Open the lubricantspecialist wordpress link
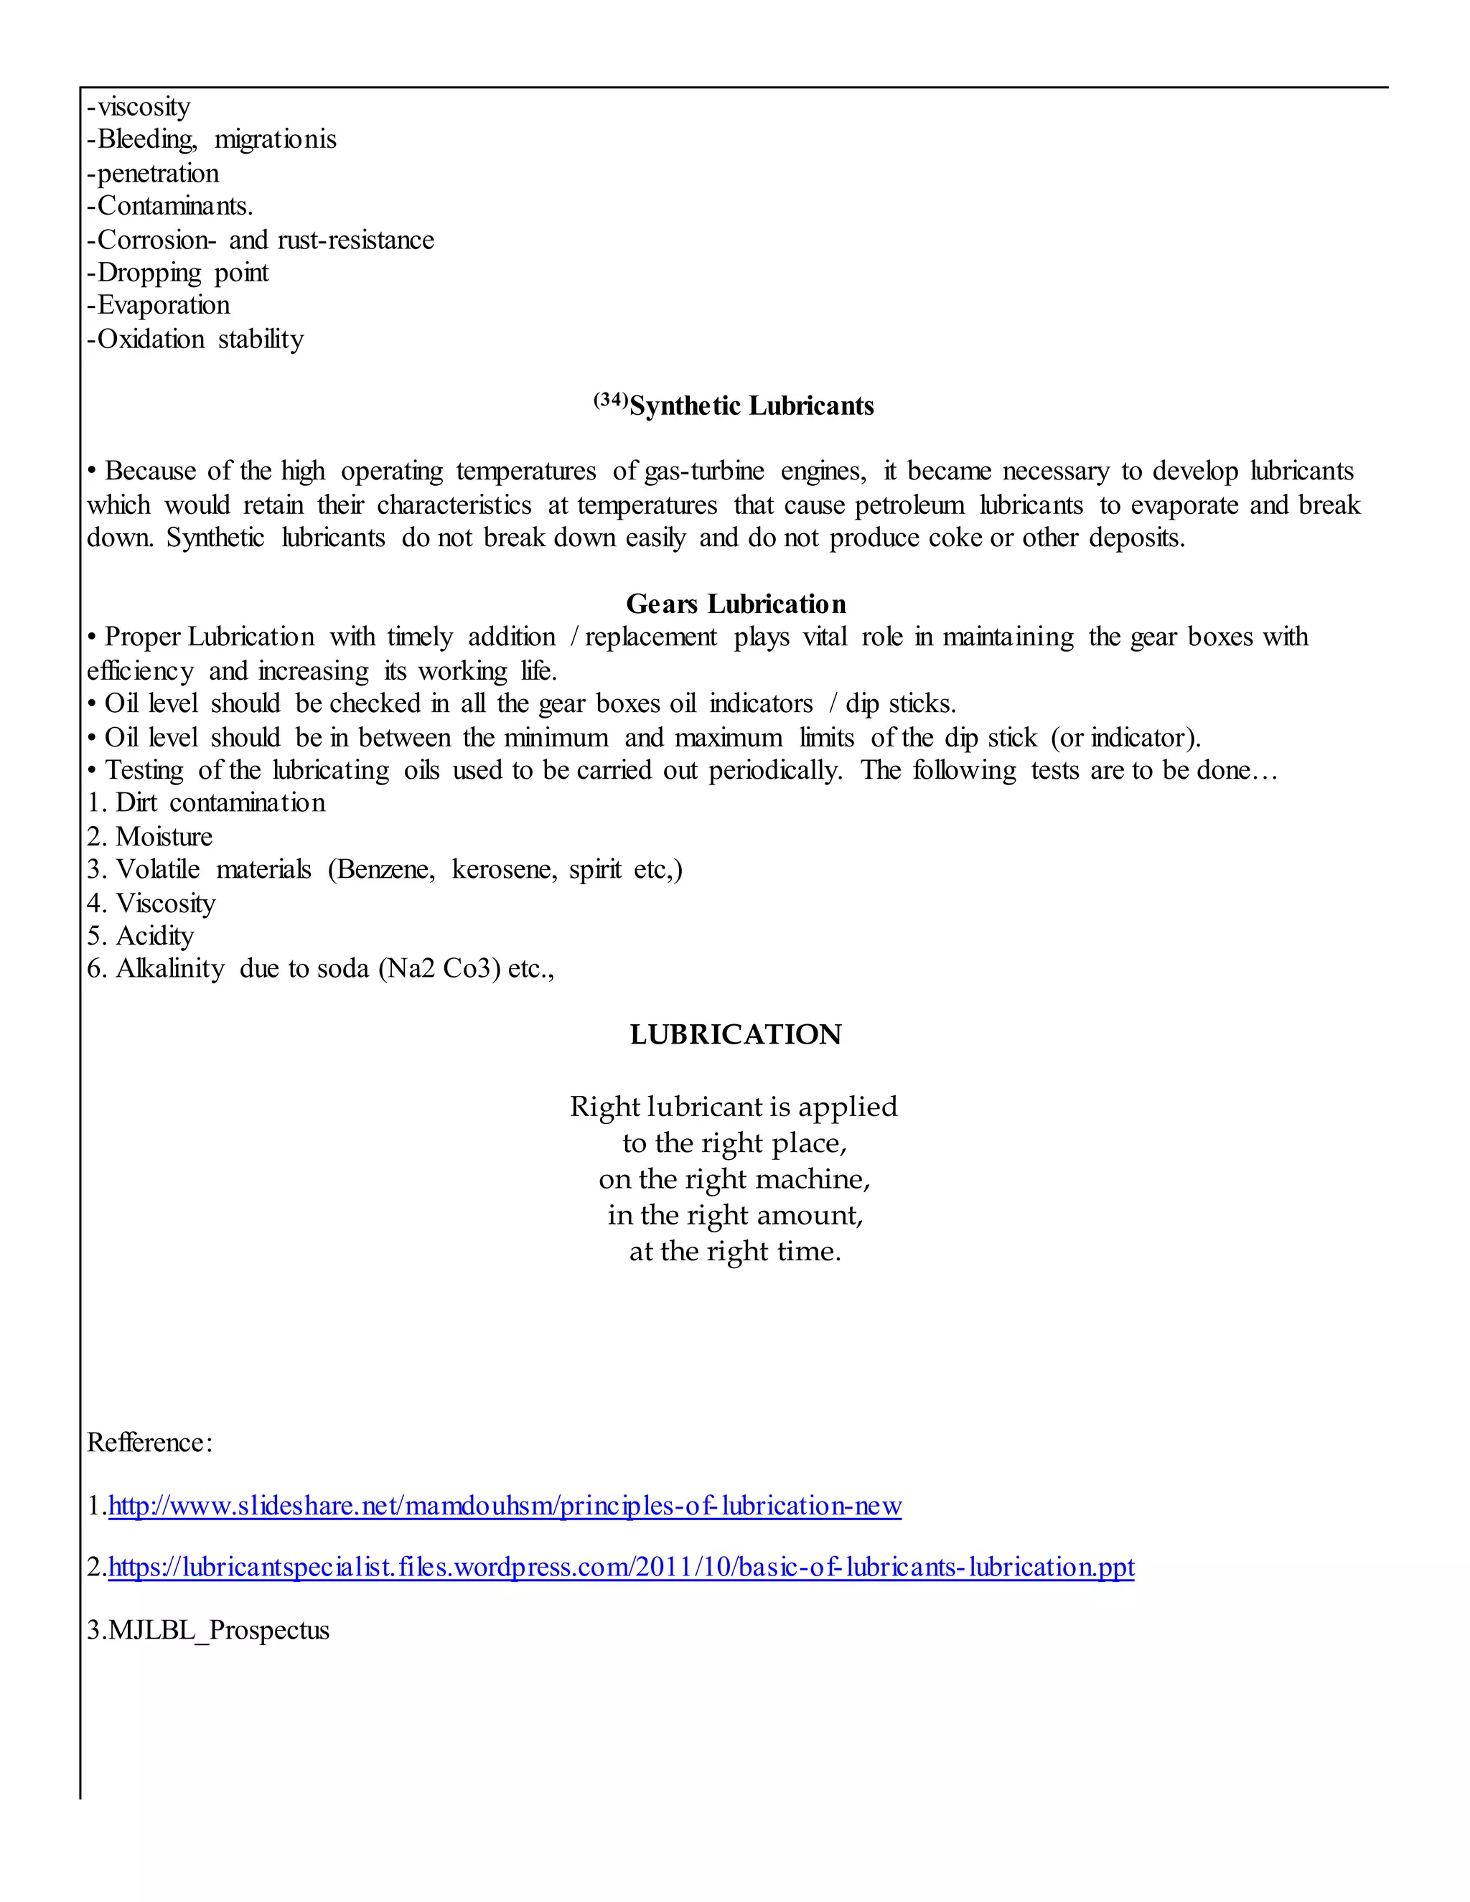pyautogui.click(x=621, y=1568)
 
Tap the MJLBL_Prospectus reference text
pyautogui.click(x=209, y=1630)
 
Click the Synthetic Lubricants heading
pyautogui.click(x=751, y=406)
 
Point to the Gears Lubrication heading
pyautogui.click(x=736, y=604)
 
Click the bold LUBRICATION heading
pyautogui.click(x=736, y=1034)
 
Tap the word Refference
pyautogui.click(x=149, y=1443)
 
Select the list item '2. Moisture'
pyautogui.click(x=150, y=837)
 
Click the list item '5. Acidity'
pyautogui.click(x=141, y=936)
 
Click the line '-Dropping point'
pyautogui.click(x=179, y=273)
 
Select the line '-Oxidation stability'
pyautogui.click(x=196, y=339)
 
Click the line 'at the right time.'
pyautogui.click(x=735, y=1252)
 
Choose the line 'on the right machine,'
pyautogui.click(x=735, y=1179)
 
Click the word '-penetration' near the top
pyautogui.click(x=154, y=173)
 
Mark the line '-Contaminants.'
pyautogui.click(x=171, y=207)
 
